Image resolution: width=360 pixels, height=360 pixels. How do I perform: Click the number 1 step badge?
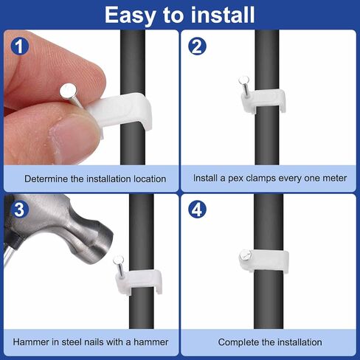pos(20,46)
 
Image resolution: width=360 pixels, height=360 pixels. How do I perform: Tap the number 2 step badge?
pos(197,46)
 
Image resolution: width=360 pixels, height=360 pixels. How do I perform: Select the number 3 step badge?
pos(20,210)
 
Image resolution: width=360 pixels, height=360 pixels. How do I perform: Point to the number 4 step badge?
pos(197,210)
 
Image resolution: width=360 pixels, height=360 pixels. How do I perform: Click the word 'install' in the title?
pos(223,15)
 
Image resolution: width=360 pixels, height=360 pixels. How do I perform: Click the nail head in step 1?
pos(69,91)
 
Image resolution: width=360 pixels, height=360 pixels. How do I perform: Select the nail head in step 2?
pos(243,80)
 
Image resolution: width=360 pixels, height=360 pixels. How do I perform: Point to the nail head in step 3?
pos(118,260)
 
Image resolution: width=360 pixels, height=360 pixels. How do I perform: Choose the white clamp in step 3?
pos(139,280)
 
